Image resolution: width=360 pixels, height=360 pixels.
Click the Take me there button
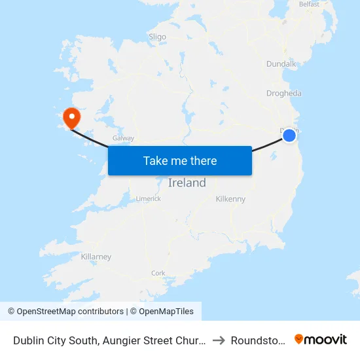click(179, 160)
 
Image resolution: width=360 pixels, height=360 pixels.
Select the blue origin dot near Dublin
click(289, 135)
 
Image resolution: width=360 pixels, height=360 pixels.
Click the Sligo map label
click(158, 37)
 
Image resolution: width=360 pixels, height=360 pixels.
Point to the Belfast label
click(309, 4)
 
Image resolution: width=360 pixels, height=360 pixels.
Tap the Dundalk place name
click(282, 64)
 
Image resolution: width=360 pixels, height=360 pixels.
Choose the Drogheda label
click(284, 93)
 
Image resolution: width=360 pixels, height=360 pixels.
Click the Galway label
click(123, 138)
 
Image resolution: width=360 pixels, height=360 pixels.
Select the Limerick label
click(148, 198)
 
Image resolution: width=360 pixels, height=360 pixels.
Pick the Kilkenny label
click(230, 198)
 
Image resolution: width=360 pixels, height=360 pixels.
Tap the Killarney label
click(96, 257)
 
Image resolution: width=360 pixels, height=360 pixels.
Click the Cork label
click(158, 273)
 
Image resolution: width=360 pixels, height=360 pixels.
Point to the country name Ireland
click(187, 183)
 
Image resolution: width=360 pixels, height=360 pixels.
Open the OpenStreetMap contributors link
click(65, 312)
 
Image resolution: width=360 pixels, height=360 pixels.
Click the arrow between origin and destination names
click(219, 340)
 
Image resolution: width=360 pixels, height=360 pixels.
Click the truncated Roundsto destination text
click(258, 340)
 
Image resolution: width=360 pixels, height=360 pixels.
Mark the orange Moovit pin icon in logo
click(299, 339)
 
